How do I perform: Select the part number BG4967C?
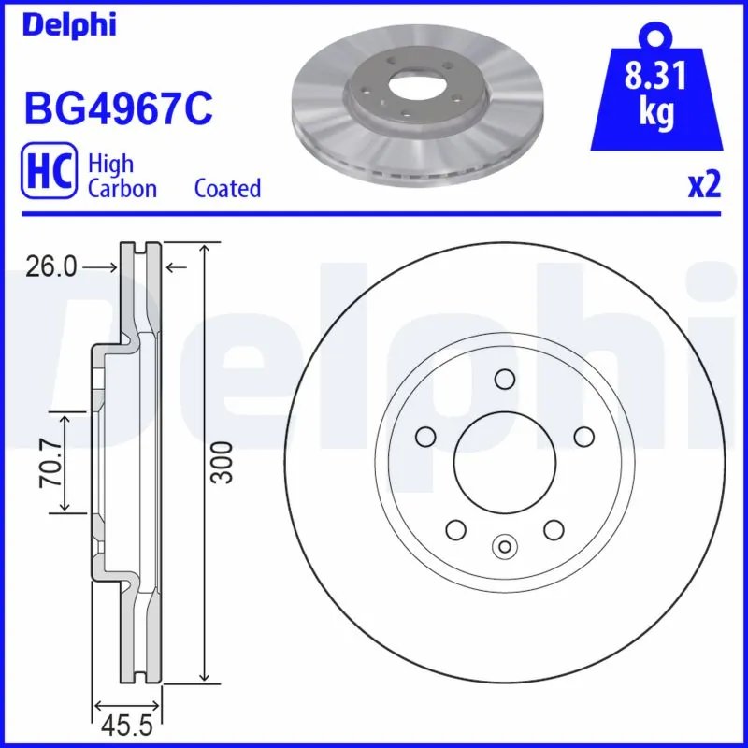tap(118, 108)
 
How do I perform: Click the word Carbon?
tap(122, 188)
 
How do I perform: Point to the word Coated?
tap(227, 188)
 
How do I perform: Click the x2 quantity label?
tap(704, 185)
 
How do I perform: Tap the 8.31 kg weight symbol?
tap(657, 94)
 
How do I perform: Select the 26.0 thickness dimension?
tap(52, 267)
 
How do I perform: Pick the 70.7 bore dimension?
tap(49, 461)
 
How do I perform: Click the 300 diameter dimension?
tap(222, 461)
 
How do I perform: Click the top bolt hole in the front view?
tap(505, 379)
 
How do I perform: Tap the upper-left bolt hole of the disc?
tap(425, 437)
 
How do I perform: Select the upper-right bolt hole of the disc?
tap(584, 437)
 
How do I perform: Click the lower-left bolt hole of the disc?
tap(456, 530)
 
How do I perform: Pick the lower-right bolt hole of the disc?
tap(554, 530)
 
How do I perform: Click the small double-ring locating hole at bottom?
tap(505, 547)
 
